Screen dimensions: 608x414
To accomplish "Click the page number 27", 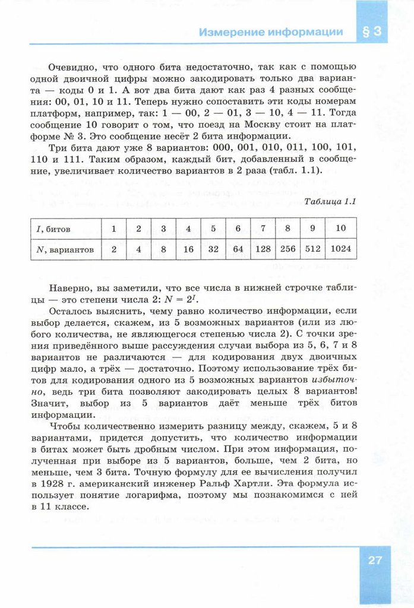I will pos(374,559).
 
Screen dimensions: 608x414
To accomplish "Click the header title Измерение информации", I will pos(271,32).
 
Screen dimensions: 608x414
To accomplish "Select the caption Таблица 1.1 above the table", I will pos(330,201).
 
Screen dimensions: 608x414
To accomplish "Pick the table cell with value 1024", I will pos(341,249).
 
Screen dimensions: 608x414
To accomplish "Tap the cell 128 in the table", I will pos(263,249).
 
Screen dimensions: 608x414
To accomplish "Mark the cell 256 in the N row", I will pos(288,249).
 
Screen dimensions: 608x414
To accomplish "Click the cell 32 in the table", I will pos(213,249).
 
